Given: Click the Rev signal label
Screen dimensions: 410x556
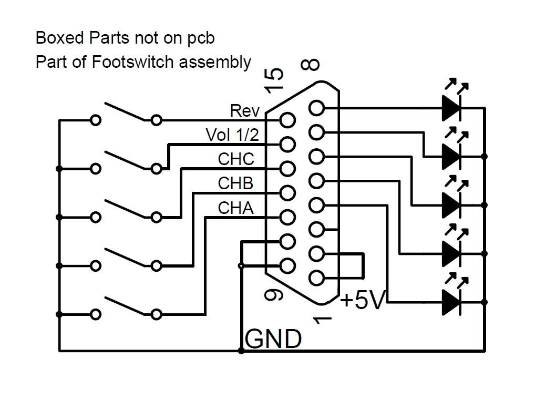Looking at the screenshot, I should (x=244, y=111).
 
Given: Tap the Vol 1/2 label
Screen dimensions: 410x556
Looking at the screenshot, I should (x=232, y=135).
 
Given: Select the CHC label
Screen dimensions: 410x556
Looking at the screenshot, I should (x=236, y=159).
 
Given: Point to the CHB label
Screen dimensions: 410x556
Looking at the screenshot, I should (x=235, y=183).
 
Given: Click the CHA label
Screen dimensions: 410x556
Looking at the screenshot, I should (x=235, y=208).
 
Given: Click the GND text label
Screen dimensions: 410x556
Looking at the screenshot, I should (x=273, y=340).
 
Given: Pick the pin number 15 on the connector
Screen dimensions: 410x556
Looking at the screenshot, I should (x=275, y=80).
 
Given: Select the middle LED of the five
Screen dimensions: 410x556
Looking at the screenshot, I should (x=451, y=205).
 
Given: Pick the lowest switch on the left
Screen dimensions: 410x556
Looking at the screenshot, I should (x=126, y=308).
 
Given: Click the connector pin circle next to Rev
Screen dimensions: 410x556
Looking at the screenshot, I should (x=287, y=120).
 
